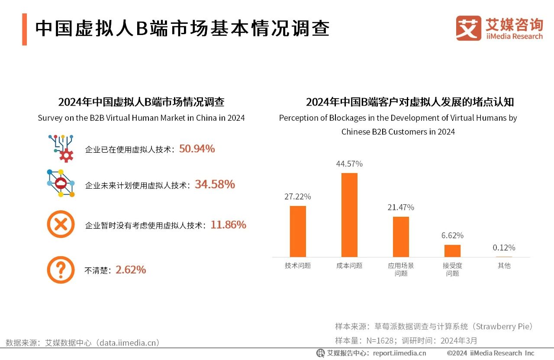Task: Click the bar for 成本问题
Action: [349, 215]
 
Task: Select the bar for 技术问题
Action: [298, 231]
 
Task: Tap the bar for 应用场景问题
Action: [401, 237]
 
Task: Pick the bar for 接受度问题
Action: [452, 251]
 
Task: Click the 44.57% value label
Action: [349, 164]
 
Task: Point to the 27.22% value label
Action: [298, 196]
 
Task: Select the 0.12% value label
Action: [504, 248]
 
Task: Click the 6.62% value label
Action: [452, 235]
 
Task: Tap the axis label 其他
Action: [504, 266]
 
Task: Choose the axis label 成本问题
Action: [349, 266]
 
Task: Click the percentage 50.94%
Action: [197, 149]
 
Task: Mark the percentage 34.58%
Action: [215, 185]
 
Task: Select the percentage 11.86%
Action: [228, 225]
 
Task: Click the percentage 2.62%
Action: [131, 270]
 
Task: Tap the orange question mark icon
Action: [61, 270]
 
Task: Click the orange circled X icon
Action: [61, 224]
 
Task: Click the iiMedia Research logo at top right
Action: [499, 28]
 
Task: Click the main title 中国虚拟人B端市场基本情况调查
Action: [182, 29]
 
